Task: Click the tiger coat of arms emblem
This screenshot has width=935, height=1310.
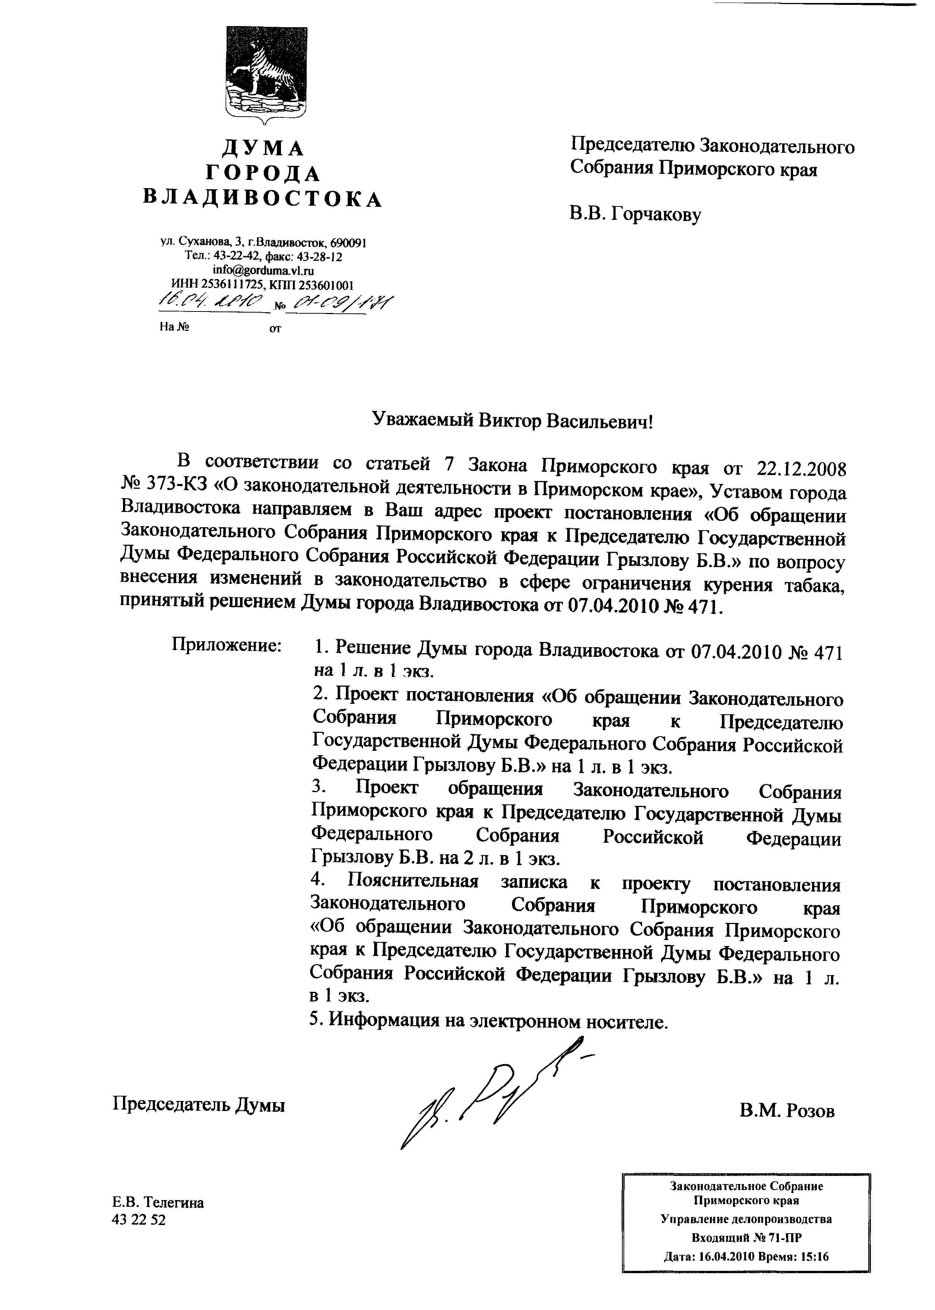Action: coord(265,74)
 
